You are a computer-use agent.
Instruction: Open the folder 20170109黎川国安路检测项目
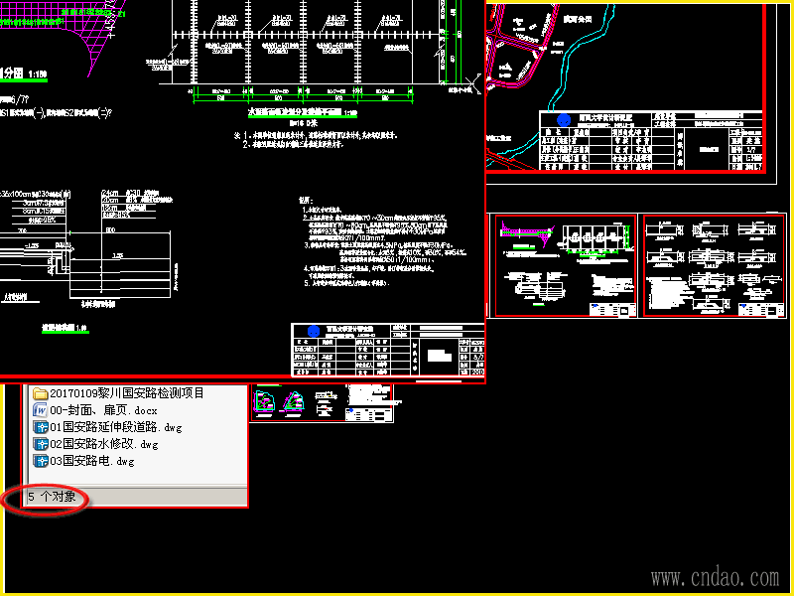(126, 393)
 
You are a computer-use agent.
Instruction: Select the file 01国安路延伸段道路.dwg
(116, 427)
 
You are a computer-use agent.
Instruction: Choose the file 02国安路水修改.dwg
(103, 444)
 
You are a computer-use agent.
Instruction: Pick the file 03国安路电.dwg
(90, 461)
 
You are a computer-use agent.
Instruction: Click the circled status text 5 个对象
(51, 496)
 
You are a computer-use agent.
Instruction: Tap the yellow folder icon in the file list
(41, 393)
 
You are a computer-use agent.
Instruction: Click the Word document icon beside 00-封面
(41, 410)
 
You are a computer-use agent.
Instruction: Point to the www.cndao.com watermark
(715, 577)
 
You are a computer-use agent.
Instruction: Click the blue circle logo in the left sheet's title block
(314, 331)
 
